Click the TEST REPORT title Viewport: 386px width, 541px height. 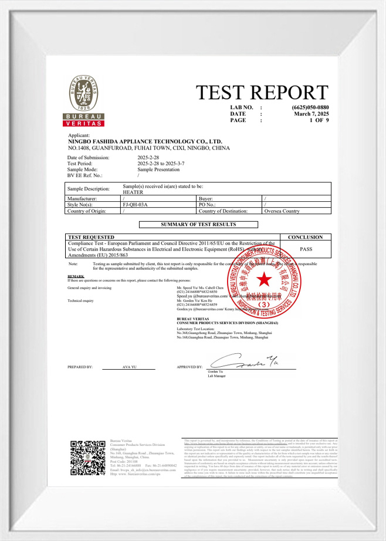[x=263, y=93]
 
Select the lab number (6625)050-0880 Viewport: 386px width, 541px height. [x=310, y=107]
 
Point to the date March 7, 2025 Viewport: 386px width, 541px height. [x=311, y=114]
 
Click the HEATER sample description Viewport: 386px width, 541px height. [x=133, y=192]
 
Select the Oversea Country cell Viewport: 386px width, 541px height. [x=282, y=210]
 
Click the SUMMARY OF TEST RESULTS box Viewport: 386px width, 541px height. [x=198, y=224]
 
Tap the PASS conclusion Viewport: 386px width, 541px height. [x=306, y=249]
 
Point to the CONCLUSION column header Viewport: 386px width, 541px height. [x=306, y=237]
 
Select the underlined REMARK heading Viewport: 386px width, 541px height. [x=76, y=276]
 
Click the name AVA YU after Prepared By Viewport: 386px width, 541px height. [x=129, y=366]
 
